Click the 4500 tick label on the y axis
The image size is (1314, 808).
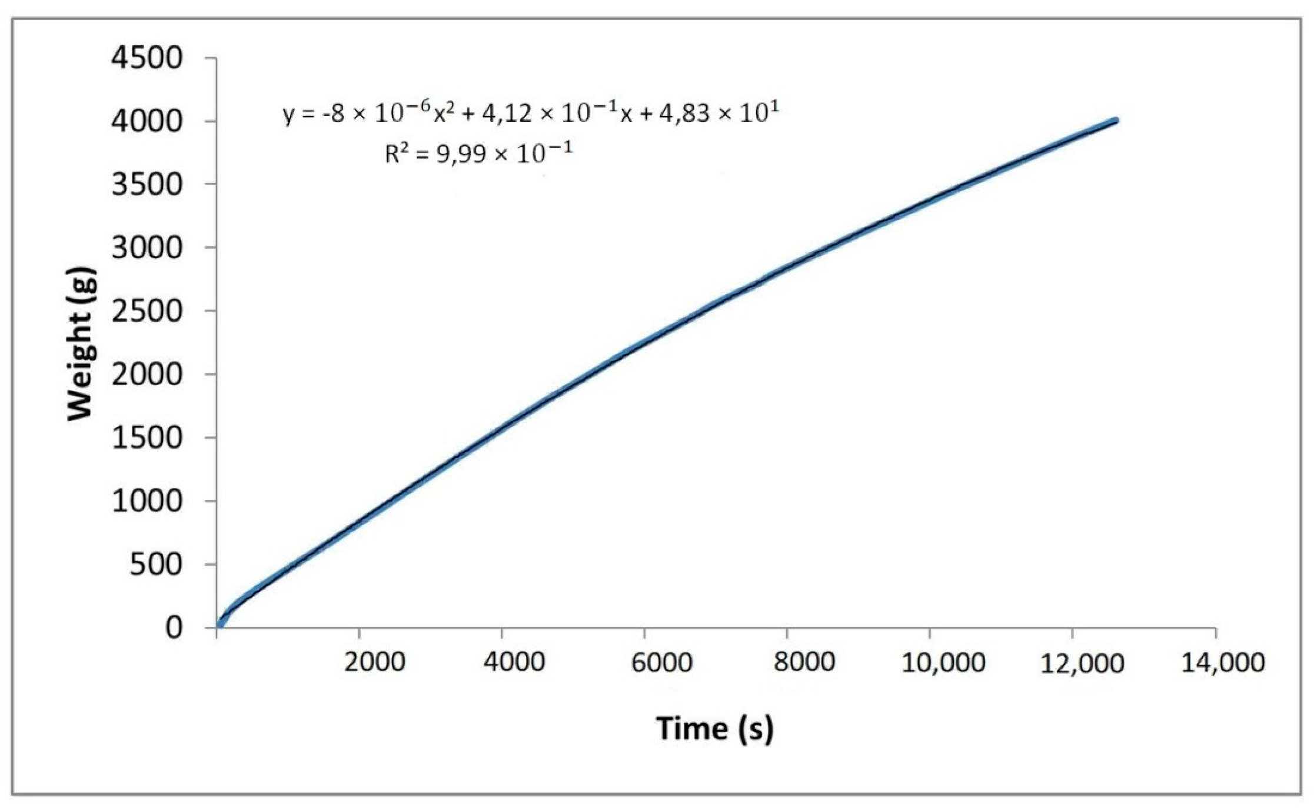[x=147, y=59]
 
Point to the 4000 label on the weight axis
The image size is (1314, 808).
[x=147, y=122]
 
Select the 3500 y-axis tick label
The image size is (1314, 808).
[x=147, y=185]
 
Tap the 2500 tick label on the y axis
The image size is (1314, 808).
[x=147, y=311]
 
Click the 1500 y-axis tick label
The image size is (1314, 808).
[x=147, y=438]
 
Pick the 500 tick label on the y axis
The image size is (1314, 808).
[x=156, y=564]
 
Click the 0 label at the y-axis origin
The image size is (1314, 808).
[x=174, y=627]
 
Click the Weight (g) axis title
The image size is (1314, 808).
[x=81, y=344]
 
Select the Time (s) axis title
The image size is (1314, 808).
[x=714, y=728]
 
